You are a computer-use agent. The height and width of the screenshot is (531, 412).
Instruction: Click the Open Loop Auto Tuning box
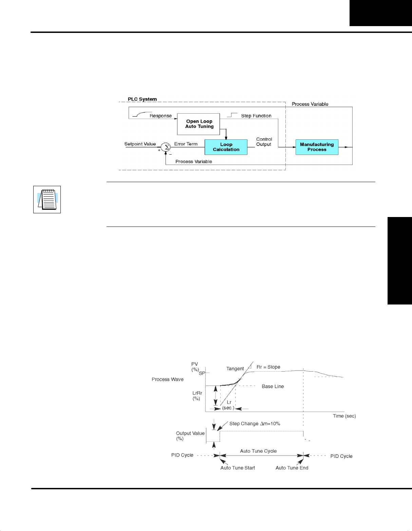pyautogui.click(x=199, y=124)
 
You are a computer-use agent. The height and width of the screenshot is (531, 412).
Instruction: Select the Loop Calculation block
pyautogui.click(x=226, y=147)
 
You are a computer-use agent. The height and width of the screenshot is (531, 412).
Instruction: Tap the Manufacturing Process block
pyautogui.click(x=317, y=147)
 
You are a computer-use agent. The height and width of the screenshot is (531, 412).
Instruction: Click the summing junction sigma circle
pyautogui.click(x=166, y=147)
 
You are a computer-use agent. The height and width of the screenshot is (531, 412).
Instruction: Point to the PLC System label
pyautogui.click(x=142, y=99)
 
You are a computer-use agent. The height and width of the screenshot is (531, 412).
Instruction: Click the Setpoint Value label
pyautogui.click(x=140, y=144)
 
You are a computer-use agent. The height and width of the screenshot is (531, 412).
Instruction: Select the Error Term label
pyautogui.click(x=186, y=144)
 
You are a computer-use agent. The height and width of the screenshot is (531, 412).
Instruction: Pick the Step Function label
pyautogui.click(x=256, y=116)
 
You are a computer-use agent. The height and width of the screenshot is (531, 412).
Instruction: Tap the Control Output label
pyautogui.click(x=264, y=142)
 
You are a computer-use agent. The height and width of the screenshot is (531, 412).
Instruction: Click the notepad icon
pyautogui.click(x=47, y=199)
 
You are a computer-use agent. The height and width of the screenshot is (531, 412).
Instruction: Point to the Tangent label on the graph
pyautogui.click(x=235, y=369)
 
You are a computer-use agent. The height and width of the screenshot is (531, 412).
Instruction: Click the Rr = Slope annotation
pyautogui.click(x=268, y=367)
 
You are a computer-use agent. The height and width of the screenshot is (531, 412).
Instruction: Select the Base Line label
pyautogui.click(x=273, y=387)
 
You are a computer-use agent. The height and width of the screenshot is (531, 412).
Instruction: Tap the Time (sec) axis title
pyautogui.click(x=344, y=416)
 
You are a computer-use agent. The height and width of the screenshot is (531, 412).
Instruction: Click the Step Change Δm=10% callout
pyautogui.click(x=255, y=424)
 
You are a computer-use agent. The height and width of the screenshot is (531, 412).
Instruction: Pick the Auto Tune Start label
pyautogui.click(x=238, y=468)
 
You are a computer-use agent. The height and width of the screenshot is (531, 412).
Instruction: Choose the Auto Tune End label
pyautogui.click(x=292, y=468)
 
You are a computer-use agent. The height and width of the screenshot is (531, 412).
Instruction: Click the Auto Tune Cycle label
pyautogui.click(x=258, y=451)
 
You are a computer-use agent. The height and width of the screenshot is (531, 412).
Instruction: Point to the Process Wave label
pyautogui.click(x=167, y=379)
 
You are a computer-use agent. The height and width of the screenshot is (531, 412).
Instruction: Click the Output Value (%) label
pyautogui.click(x=190, y=436)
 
